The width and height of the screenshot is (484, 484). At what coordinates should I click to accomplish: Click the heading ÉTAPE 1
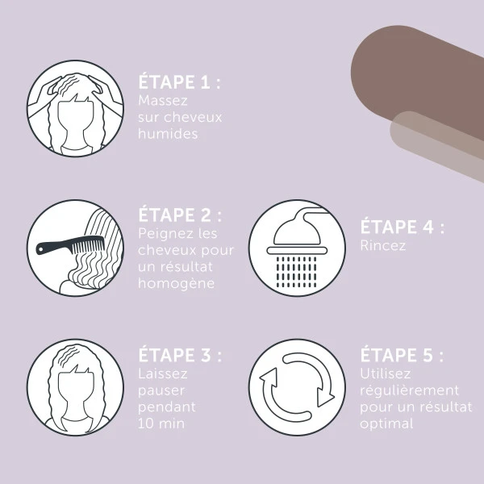click(x=179, y=81)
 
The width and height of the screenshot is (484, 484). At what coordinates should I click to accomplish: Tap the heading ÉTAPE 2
click(x=180, y=215)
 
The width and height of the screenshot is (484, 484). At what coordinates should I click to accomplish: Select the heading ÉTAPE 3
click(x=180, y=355)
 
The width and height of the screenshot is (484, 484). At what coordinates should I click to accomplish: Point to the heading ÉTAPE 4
click(x=403, y=227)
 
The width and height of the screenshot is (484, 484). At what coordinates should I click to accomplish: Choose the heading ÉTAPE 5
click(x=402, y=355)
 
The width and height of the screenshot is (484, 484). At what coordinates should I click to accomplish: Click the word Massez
click(x=163, y=101)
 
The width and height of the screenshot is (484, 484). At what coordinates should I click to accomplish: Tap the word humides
click(x=168, y=134)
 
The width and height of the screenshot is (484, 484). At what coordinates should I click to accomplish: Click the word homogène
click(x=176, y=284)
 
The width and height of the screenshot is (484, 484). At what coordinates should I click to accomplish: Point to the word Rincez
click(x=382, y=246)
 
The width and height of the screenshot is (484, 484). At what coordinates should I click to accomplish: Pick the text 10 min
click(x=161, y=423)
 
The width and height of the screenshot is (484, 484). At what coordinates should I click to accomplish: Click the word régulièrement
click(x=409, y=390)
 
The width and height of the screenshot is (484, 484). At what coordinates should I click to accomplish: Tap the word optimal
click(x=386, y=423)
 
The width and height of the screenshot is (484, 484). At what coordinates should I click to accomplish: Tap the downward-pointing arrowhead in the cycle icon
click(x=325, y=398)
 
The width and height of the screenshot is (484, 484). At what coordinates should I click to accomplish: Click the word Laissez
click(x=163, y=373)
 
